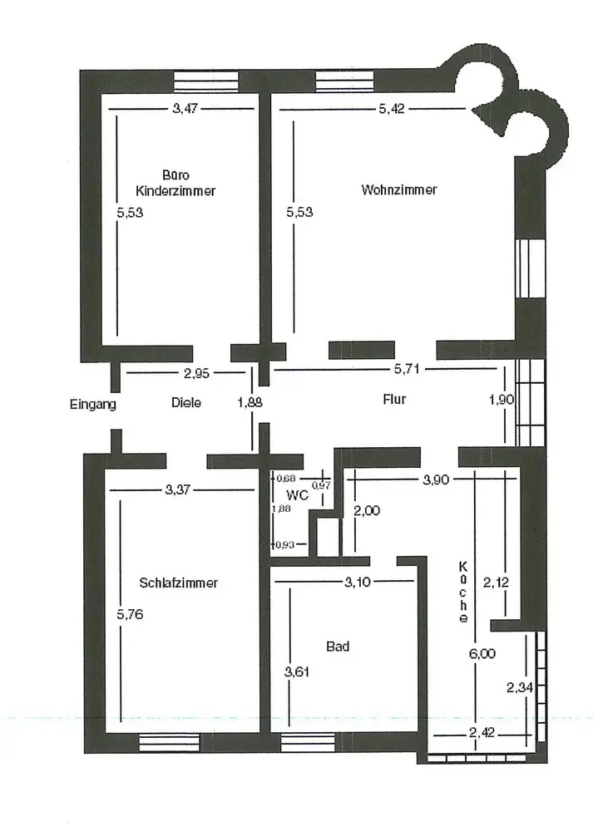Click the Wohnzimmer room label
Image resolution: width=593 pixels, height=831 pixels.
399,189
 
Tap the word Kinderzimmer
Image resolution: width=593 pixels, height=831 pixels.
175,191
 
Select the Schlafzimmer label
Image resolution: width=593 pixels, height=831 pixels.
178,583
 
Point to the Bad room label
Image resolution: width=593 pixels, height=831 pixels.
338,647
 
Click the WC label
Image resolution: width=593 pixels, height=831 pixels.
297,495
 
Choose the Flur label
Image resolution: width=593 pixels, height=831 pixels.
394,399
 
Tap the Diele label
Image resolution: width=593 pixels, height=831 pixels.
186,403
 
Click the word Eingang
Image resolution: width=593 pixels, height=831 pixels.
93,405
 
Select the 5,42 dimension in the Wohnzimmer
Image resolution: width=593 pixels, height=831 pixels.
392,109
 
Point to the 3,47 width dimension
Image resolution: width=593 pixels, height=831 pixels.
185,109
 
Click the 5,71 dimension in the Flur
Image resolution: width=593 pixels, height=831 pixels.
407,369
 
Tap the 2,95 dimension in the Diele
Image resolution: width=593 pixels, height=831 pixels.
196,374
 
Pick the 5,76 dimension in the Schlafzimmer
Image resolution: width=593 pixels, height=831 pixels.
130,615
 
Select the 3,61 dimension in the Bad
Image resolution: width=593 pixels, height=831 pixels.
296,672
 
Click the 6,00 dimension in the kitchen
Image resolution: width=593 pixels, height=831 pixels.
482,653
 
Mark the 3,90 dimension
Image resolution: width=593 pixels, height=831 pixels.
436,480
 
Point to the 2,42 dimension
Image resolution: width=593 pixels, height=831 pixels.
482,733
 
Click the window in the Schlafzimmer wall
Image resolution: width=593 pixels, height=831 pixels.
170,742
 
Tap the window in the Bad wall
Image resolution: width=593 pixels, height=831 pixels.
309,742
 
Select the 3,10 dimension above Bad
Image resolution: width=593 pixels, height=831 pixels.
358,583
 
